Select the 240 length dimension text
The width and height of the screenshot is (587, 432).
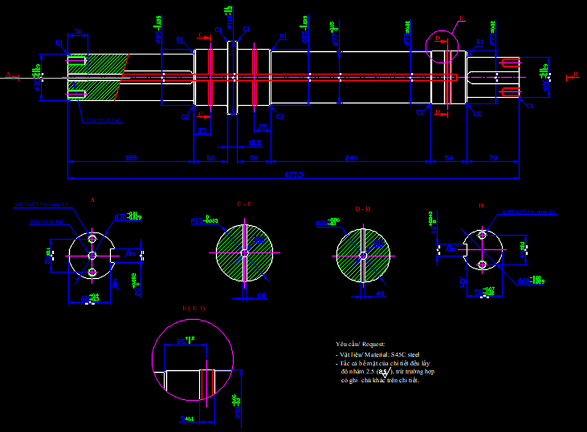[350, 158]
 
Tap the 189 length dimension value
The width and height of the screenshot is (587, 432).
[130, 158]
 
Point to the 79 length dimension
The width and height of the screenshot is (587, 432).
[493, 158]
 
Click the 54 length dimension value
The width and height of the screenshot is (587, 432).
[449, 158]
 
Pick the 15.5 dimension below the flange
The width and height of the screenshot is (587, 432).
[255, 143]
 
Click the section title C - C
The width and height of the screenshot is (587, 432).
[244, 204]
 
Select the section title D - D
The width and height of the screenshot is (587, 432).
[363, 209]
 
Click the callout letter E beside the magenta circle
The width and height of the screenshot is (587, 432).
[462, 20]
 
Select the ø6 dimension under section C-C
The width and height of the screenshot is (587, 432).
[261, 296]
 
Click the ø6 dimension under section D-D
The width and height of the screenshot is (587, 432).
[381, 294]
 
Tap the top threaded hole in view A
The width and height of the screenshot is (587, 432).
[93, 238]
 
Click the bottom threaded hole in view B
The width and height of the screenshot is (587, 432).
[483, 265]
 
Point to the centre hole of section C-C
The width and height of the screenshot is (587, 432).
[244, 252]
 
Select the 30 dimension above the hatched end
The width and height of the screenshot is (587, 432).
[78, 31]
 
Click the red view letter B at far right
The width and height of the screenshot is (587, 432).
[568, 76]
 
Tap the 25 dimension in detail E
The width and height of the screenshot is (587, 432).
[183, 341]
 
